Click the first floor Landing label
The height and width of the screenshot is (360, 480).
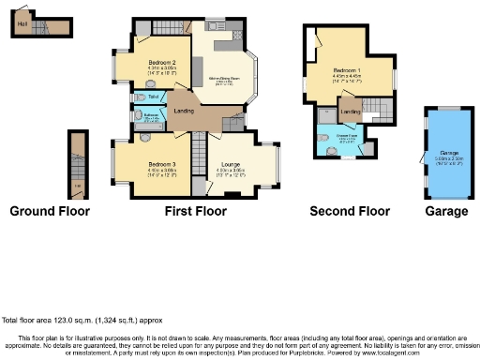pyautogui.click(x=184, y=112)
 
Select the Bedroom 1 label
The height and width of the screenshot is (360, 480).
pyautogui.click(x=347, y=69)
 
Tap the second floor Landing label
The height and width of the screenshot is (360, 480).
pyautogui.click(x=350, y=112)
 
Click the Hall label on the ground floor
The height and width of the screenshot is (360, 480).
pyautogui.click(x=22, y=22)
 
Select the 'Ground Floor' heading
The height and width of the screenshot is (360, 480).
pyautogui.click(x=50, y=211)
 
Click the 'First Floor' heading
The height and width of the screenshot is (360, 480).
pyautogui.click(x=195, y=211)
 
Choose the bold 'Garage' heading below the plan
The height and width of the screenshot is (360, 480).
pyautogui.click(x=446, y=211)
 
